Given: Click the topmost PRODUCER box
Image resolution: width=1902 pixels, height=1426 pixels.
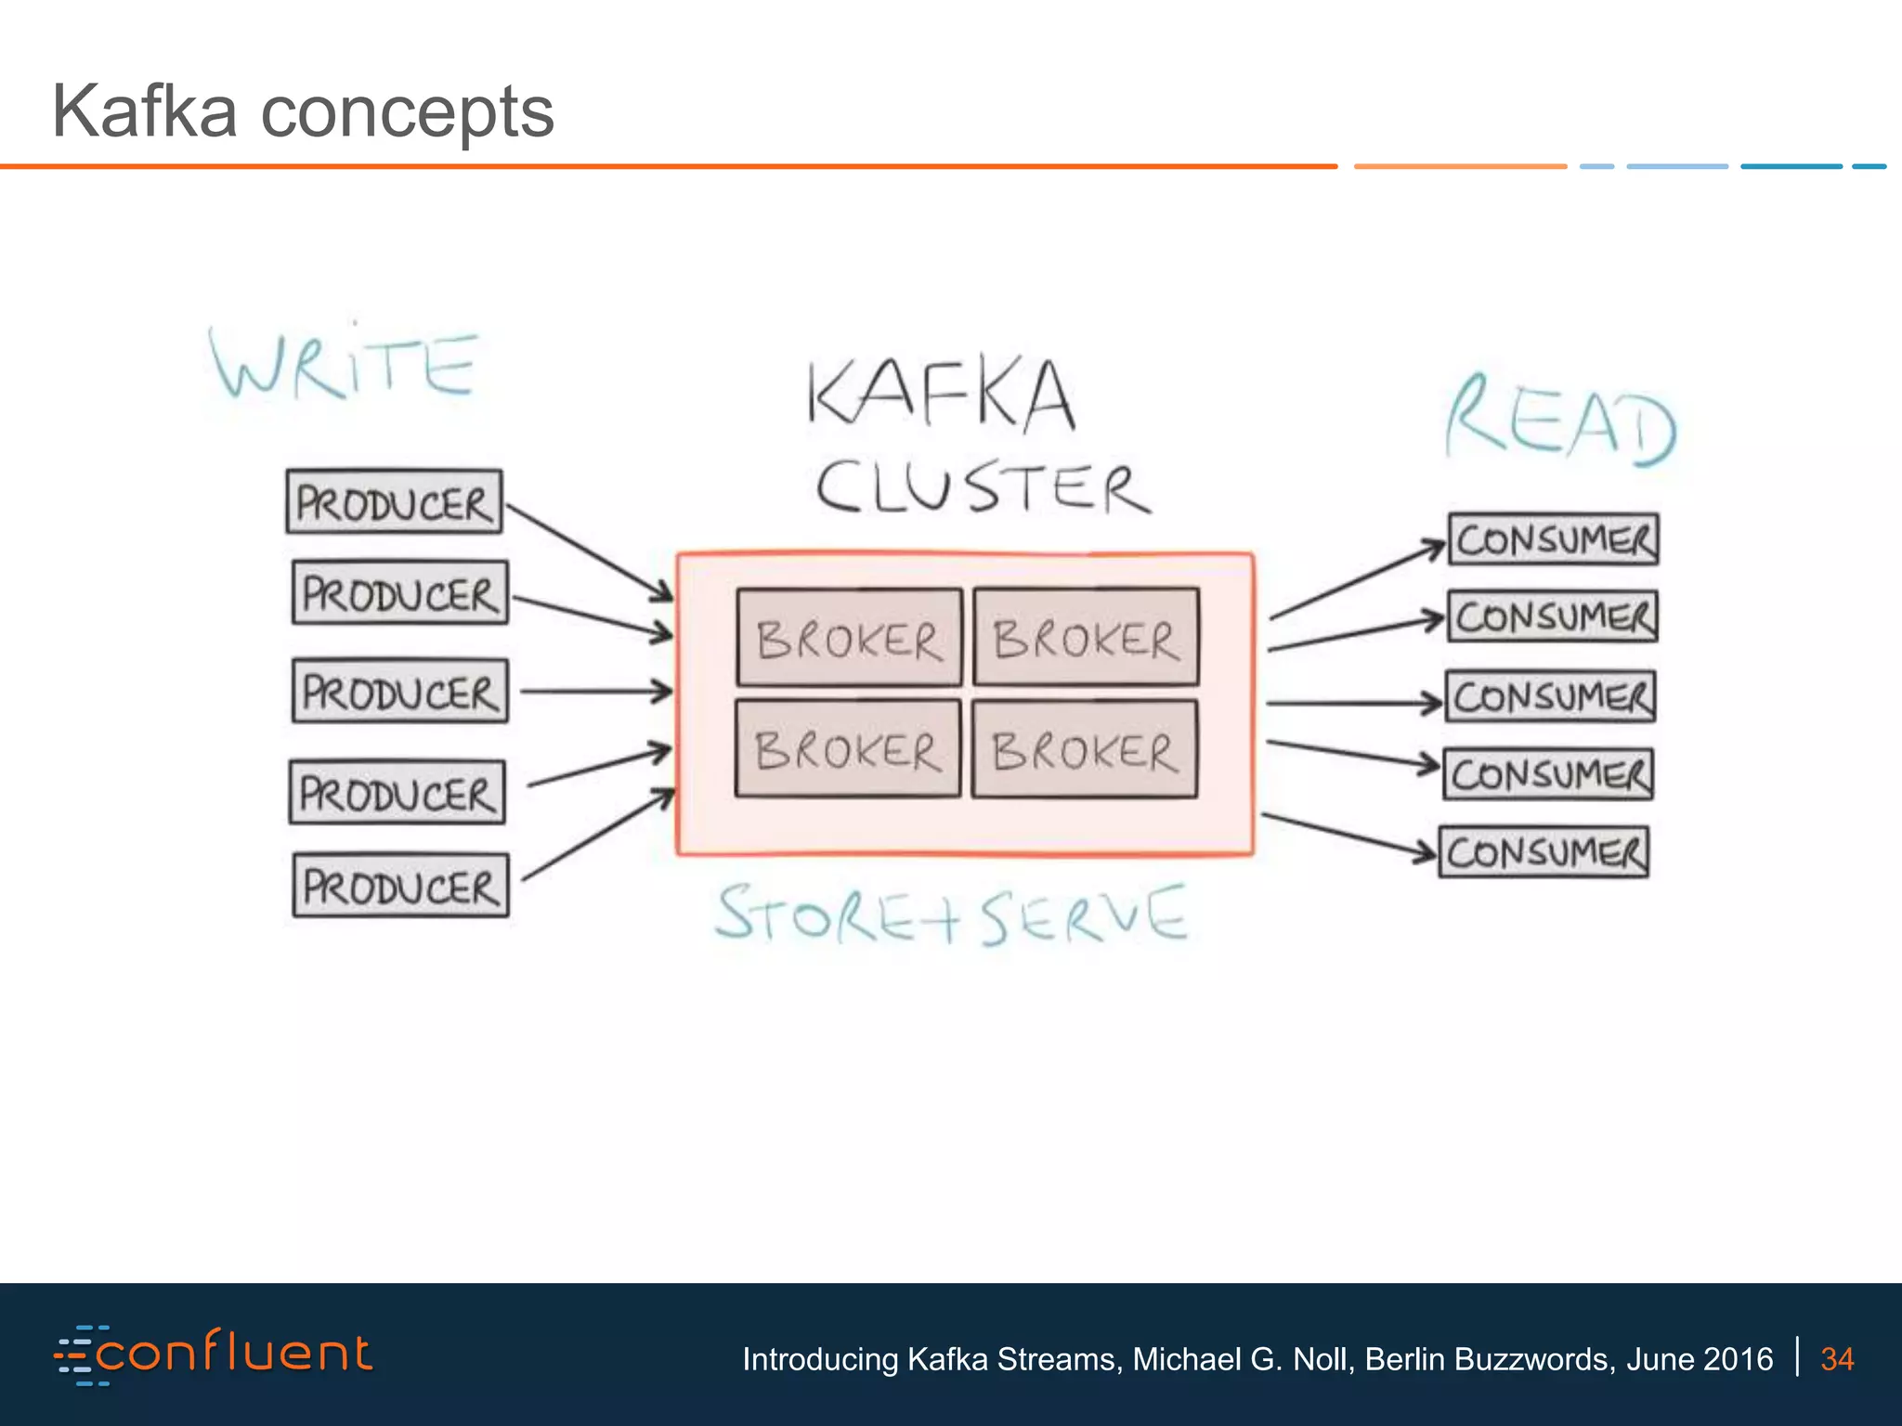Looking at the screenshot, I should (x=394, y=502).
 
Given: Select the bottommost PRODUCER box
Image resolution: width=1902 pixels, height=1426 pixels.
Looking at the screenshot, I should (x=400, y=886).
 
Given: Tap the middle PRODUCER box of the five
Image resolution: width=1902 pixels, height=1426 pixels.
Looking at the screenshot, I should (x=400, y=691).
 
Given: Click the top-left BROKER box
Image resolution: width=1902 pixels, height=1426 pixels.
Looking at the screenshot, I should (x=849, y=638).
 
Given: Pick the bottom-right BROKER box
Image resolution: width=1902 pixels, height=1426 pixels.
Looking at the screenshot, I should (x=1085, y=749).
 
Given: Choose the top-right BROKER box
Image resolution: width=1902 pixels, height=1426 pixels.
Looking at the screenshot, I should (x=1086, y=637).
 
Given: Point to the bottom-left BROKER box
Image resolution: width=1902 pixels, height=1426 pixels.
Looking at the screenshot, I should (x=847, y=748).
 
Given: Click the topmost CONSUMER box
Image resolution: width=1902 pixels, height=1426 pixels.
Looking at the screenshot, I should (x=1554, y=539).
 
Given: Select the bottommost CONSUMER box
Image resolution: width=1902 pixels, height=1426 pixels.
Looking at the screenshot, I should (x=1544, y=852).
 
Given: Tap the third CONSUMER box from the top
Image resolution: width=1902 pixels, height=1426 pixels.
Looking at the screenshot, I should (x=1550, y=696).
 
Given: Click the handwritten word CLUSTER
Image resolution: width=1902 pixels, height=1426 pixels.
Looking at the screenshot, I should (x=983, y=487).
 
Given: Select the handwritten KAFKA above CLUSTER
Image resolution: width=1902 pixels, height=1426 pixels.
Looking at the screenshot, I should (x=941, y=395).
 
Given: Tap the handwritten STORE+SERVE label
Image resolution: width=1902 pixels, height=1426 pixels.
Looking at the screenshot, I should (x=951, y=915).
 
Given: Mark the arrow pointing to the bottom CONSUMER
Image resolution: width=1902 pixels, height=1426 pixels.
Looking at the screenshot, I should (x=1347, y=835).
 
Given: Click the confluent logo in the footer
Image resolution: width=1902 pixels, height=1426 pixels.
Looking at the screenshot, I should (x=214, y=1355).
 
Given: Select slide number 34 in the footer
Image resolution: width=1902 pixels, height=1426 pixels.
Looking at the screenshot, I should (x=1836, y=1359).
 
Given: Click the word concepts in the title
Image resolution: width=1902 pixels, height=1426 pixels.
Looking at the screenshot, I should (x=407, y=112).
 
